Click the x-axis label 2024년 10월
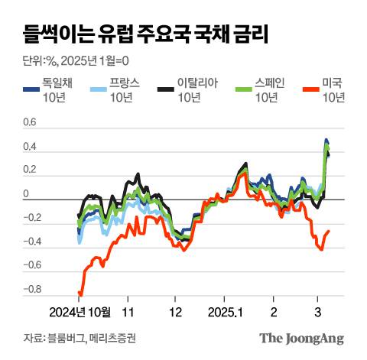[x=80, y=312]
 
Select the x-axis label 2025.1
[x=225, y=312]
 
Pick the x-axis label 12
[x=176, y=312]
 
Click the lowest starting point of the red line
[x=80, y=294]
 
